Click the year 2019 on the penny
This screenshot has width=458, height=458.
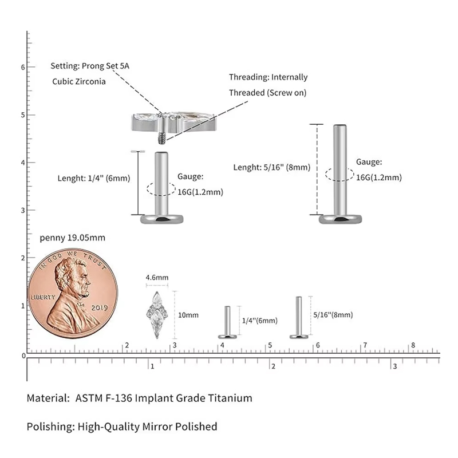coord(99,307)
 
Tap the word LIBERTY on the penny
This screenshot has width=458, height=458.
coord(43,297)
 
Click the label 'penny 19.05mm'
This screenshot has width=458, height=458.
coord(73,238)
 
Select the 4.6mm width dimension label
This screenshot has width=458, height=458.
coord(157,278)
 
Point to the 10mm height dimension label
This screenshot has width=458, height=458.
coord(188,315)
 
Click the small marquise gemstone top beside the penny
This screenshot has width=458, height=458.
coord(157,315)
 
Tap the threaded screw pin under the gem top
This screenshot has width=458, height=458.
coord(161,138)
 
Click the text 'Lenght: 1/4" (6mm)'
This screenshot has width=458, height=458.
coord(94,178)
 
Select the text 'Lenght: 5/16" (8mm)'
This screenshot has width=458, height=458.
coord(271,167)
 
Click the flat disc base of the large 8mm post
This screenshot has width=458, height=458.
coord(340,219)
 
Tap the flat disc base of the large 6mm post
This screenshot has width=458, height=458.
coord(162,219)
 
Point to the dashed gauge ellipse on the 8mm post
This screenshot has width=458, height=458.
coord(339,175)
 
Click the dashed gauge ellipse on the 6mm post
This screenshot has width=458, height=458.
coord(161,189)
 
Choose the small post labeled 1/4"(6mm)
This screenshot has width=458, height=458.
coord(227,322)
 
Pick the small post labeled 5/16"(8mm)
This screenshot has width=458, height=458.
coord(299,318)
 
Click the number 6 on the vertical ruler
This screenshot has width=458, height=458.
coord(23,67)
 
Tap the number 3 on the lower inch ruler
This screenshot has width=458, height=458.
coord(395,366)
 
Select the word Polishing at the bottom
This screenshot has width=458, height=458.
coord(51,427)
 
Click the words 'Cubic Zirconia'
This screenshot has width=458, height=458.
coord(79,81)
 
